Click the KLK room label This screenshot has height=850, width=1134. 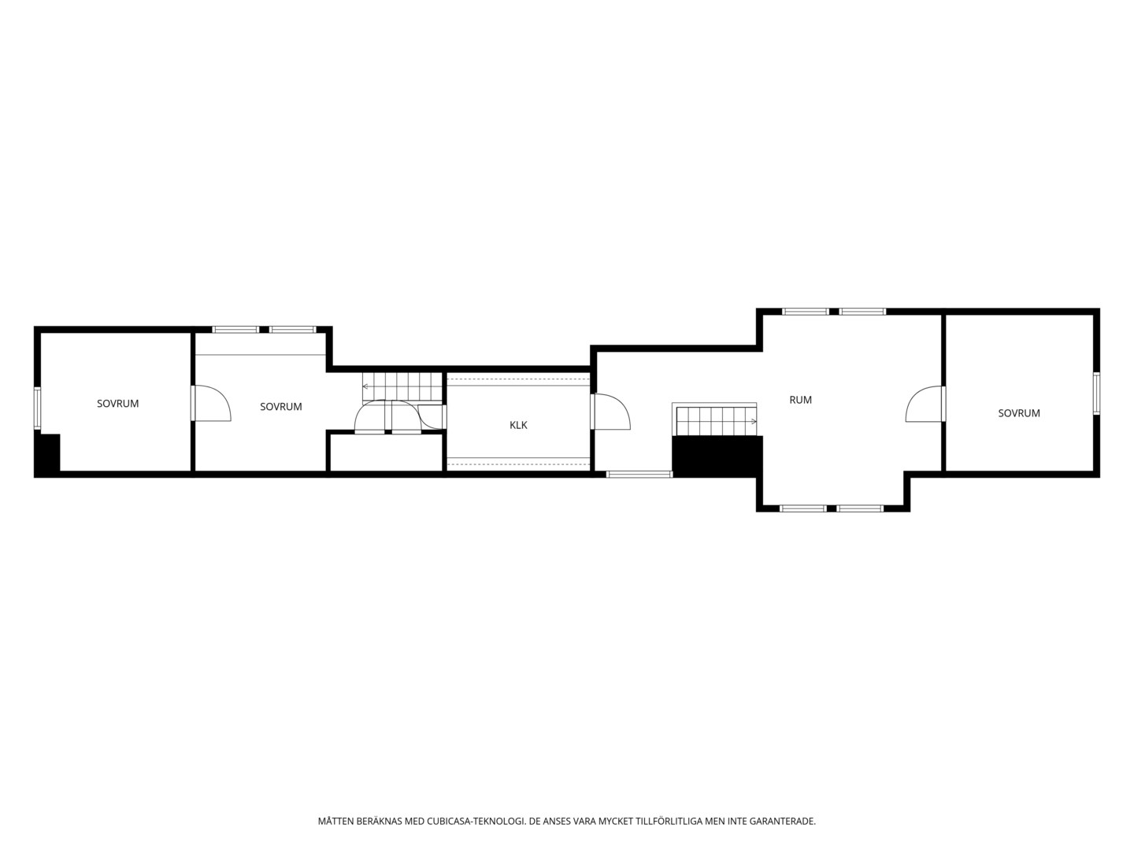[x=518, y=425]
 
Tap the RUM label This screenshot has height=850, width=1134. [x=800, y=400]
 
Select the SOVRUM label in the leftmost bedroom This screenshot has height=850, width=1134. [x=118, y=404]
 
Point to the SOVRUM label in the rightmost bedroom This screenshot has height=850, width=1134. [x=1019, y=413]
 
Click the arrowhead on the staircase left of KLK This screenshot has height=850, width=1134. [x=365, y=386]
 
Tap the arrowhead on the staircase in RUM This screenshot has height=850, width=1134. [x=754, y=422]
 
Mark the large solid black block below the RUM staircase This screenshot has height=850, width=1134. [x=717, y=456]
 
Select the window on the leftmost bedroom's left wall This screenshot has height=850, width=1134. [x=37, y=408]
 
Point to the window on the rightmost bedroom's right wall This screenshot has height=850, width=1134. [x=1096, y=394]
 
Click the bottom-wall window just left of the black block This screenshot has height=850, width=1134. [x=639, y=475]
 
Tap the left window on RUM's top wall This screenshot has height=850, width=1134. [x=806, y=312]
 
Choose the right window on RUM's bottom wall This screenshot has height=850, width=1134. [x=860, y=508]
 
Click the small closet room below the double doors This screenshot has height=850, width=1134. [x=387, y=453]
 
